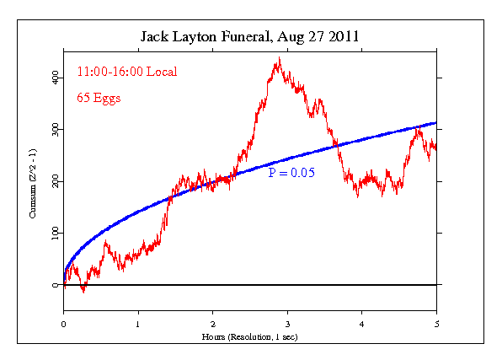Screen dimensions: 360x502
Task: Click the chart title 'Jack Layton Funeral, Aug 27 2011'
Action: (249, 37)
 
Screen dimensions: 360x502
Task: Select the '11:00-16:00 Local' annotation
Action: (127, 73)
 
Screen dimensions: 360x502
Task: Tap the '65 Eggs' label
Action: (99, 98)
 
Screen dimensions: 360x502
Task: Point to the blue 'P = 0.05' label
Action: (290, 172)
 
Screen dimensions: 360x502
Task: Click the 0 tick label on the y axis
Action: (56, 285)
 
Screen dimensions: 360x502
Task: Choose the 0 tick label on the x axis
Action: (63, 323)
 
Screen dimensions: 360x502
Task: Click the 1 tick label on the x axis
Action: (138, 323)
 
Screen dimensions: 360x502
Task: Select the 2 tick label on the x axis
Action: (212, 323)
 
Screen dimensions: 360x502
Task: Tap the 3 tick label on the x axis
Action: (287, 323)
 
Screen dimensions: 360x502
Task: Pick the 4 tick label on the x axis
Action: (361, 323)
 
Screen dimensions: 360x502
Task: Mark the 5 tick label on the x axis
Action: (436, 323)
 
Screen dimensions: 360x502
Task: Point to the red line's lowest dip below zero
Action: (83, 292)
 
